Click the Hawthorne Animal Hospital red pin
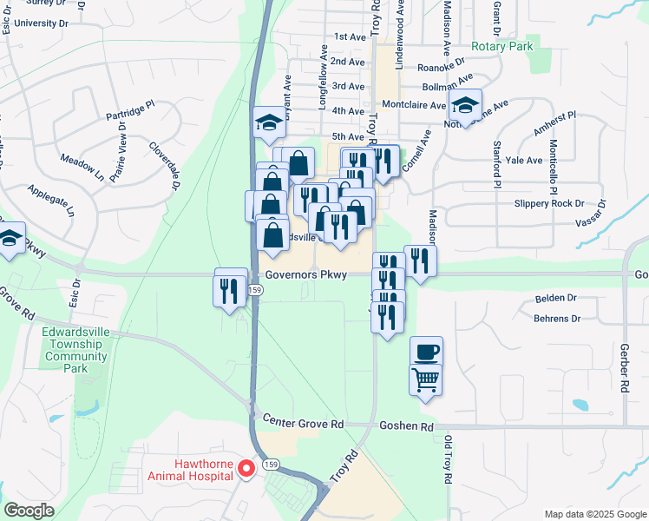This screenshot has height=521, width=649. click(x=246, y=469)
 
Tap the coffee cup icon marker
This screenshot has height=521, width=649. click(x=426, y=352)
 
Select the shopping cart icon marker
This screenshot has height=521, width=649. click(x=426, y=379)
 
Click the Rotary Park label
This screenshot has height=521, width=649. click(x=500, y=46)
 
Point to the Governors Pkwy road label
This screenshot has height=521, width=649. click(x=306, y=274)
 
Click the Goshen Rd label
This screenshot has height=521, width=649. click(x=406, y=426)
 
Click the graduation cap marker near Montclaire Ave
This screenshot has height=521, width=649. click(x=466, y=107)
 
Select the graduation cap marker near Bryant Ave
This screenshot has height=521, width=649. click(x=269, y=122)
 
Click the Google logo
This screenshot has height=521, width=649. click(x=29, y=511)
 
